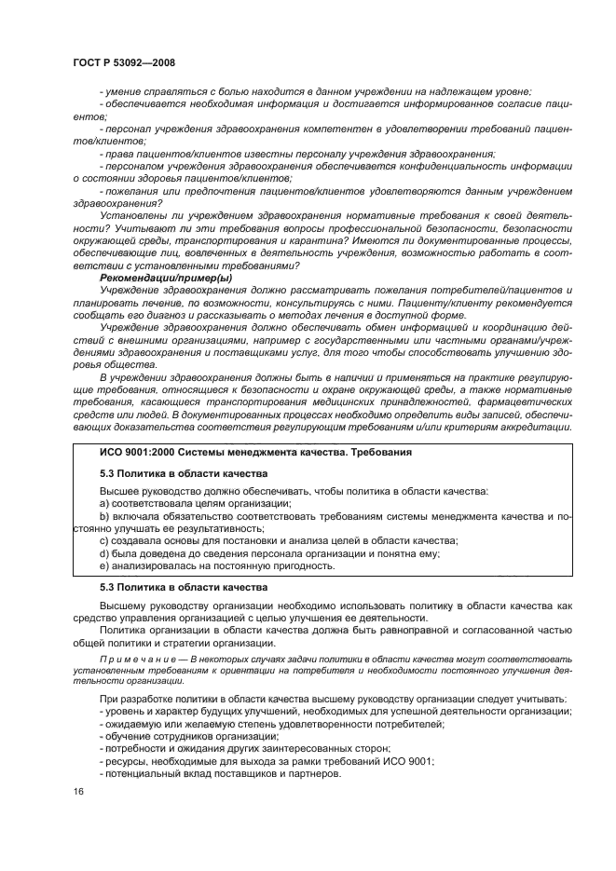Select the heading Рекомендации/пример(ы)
(166, 279)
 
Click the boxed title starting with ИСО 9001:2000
(256, 452)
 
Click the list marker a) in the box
(104, 503)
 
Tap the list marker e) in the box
(104, 565)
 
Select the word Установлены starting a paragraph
(131, 214)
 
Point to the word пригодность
(305, 565)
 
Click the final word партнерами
(310, 774)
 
